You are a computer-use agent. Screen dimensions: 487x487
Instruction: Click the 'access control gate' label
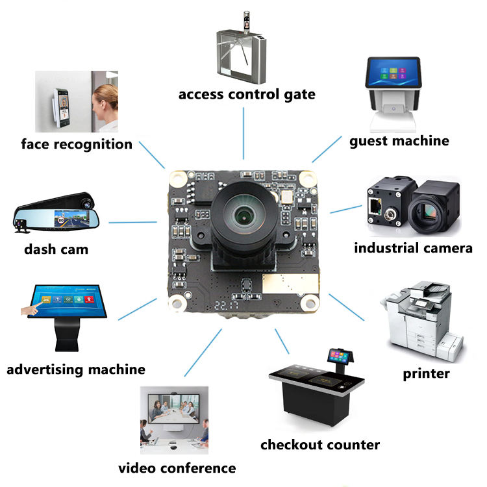(x=247, y=94)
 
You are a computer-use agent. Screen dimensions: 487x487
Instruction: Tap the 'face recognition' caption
(x=77, y=144)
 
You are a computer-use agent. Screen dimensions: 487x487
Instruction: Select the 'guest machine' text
(x=399, y=140)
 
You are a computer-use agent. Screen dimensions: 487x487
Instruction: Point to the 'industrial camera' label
(x=413, y=248)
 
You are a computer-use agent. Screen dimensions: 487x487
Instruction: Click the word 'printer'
(x=426, y=373)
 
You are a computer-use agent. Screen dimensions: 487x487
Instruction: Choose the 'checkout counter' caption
(x=319, y=445)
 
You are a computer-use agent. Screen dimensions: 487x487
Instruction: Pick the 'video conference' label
(x=177, y=468)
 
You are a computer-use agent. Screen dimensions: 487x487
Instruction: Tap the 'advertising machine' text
(x=76, y=369)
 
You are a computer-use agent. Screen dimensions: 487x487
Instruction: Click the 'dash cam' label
(x=56, y=249)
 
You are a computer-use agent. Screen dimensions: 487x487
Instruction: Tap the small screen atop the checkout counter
(x=342, y=356)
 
